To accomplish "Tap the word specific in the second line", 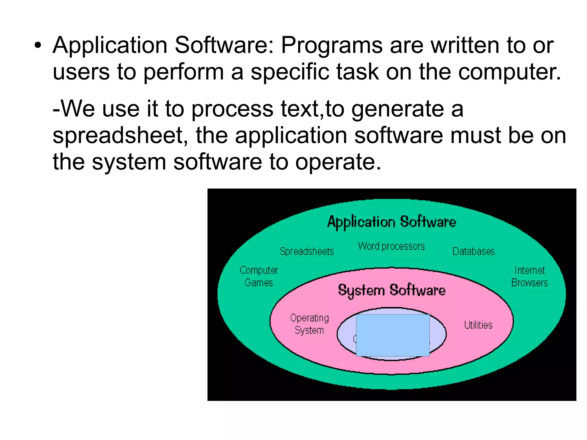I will [x=290, y=72].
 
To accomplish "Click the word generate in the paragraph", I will [x=398, y=109].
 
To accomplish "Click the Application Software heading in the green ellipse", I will [x=392, y=222].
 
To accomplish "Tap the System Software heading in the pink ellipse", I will [x=392, y=290].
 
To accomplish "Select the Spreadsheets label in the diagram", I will [x=307, y=251].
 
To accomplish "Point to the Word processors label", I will [x=391, y=246].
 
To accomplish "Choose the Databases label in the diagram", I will [x=473, y=251].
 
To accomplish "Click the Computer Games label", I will [x=259, y=276].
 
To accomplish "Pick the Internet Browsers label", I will [x=529, y=276].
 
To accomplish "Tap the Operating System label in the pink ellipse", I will [x=309, y=324].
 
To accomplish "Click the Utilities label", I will [x=478, y=325].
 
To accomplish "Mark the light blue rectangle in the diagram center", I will [x=393, y=335].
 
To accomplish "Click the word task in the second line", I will [x=357, y=72].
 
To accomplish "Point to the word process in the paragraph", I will [x=232, y=109].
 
